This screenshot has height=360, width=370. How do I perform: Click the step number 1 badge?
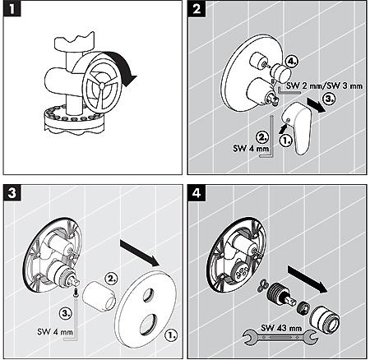[x=12, y=9]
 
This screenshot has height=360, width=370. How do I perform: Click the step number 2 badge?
[x=197, y=9]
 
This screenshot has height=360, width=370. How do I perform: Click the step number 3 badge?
[x=12, y=193]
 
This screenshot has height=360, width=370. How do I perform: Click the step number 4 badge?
[x=197, y=193]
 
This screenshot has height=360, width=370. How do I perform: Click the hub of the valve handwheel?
[x=102, y=85]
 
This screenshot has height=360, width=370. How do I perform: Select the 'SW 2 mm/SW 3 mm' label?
[x=324, y=85]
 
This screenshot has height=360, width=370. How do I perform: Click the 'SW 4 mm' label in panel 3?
[x=55, y=332]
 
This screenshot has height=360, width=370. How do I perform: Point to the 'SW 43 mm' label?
[x=281, y=328]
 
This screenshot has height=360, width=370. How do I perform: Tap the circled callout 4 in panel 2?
[x=291, y=62]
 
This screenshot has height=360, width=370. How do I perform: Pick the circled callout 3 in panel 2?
[x=329, y=99]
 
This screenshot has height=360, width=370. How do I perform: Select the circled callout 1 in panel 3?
[x=172, y=335]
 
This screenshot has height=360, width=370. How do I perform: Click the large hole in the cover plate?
[x=148, y=324]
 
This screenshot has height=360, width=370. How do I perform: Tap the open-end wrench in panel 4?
[x=280, y=336]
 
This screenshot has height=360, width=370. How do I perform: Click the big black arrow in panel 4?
[x=308, y=279]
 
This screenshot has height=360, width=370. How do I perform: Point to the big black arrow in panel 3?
[x=140, y=252]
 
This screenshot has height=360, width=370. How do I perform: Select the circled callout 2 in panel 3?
[x=111, y=279]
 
